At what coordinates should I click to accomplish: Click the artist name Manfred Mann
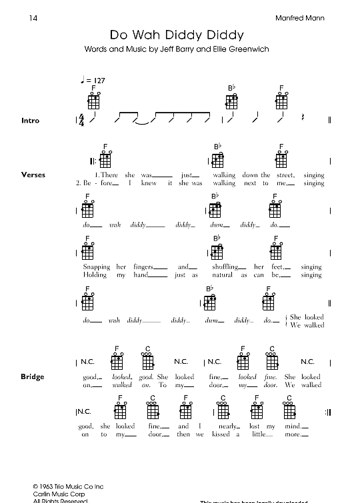300,18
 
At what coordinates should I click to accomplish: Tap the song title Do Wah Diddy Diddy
177,35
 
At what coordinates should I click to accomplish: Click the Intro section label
31,121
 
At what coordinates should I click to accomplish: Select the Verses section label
33,175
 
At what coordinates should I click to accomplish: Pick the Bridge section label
33,376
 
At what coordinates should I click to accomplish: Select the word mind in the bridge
292,426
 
